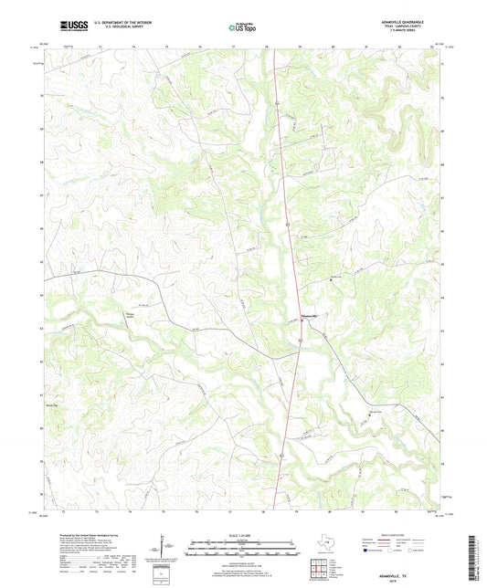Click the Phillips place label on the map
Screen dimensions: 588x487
click(x=130, y=317)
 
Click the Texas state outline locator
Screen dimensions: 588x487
click(x=327, y=545)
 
